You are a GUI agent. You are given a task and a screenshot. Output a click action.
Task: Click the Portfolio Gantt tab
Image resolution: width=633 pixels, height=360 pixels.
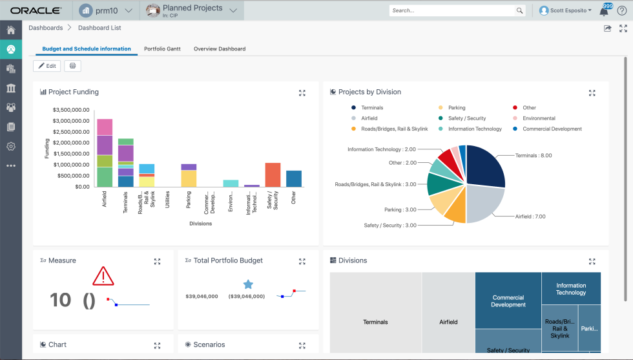click(162, 48)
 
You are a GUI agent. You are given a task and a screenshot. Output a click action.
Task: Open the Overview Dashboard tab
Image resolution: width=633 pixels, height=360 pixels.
click(220, 48)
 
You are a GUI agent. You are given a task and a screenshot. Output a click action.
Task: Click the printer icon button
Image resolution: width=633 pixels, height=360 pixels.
click(72, 66)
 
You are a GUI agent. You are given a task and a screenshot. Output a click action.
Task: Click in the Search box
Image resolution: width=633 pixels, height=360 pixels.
click(452, 10)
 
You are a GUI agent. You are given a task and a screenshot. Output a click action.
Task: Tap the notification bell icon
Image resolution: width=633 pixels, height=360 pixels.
click(604, 11)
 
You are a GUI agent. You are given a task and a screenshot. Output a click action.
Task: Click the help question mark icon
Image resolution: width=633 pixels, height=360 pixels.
click(621, 10)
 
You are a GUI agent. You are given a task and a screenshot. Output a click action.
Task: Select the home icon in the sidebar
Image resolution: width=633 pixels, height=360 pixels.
click(11, 30)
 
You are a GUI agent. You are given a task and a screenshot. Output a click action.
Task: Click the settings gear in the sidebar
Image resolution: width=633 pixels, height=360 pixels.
click(11, 146)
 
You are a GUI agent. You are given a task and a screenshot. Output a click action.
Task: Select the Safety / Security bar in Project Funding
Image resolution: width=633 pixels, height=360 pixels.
click(273, 175)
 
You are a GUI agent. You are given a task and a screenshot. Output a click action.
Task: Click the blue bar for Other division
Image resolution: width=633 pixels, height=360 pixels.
click(294, 178)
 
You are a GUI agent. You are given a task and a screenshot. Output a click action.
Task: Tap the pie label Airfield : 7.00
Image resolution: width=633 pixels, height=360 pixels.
click(530, 217)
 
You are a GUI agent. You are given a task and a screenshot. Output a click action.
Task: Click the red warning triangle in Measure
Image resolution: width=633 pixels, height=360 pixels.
click(103, 277)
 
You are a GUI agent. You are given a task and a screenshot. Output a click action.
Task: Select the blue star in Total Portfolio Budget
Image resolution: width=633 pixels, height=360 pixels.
click(248, 284)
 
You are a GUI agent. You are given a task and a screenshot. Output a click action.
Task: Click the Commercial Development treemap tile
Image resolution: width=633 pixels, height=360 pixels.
click(508, 301)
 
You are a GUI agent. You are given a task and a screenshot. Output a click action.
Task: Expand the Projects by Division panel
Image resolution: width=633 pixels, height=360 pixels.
click(592, 93)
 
